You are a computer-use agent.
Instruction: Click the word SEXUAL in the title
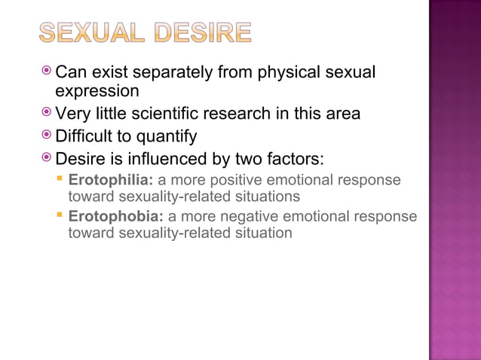coord(89,32)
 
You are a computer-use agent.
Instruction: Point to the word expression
coord(97,91)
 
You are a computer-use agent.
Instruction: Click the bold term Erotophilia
coord(111,181)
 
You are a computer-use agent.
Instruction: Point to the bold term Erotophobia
coord(115,217)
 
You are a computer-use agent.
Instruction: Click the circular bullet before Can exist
coord(47,72)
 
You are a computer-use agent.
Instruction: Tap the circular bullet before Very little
coord(47,112)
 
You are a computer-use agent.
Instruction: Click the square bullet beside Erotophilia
coord(60,180)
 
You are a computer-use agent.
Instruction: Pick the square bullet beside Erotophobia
coord(60,216)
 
